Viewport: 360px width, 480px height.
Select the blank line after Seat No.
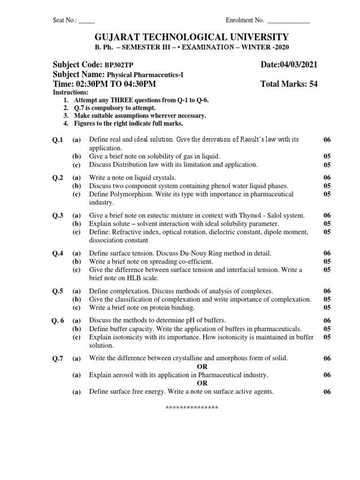[87, 21]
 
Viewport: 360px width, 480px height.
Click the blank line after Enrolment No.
[288, 21]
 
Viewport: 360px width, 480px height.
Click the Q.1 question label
[58, 140]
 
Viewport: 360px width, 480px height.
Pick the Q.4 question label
[58, 253]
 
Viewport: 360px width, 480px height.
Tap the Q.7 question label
[58, 359]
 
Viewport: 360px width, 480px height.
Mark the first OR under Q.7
[202, 367]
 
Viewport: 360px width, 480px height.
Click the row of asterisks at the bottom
[192, 408]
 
